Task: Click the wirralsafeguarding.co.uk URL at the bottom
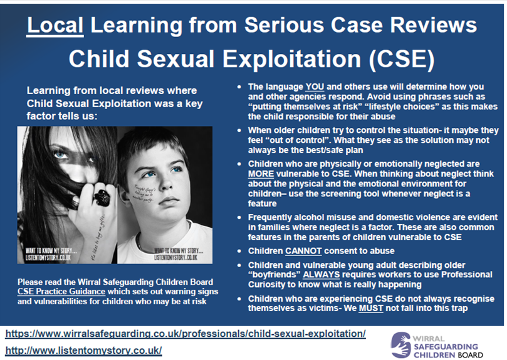[x=186, y=333]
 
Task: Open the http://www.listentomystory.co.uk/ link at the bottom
[x=83, y=349]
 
